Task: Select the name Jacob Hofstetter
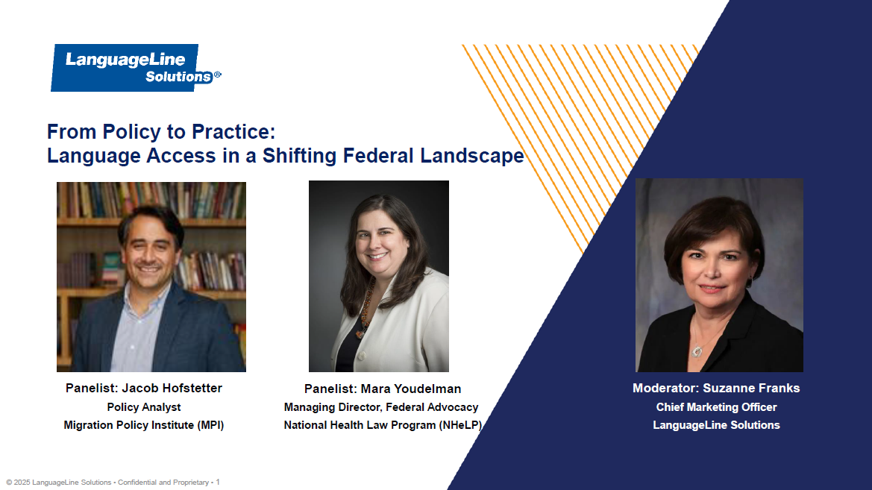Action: pyautogui.click(x=172, y=388)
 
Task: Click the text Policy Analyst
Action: pyautogui.click(x=144, y=407)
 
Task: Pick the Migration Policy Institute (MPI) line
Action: pyautogui.click(x=144, y=425)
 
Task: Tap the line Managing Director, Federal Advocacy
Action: pyautogui.click(x=381, y=407)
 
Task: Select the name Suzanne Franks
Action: pyautogui.click(x=751, y=388)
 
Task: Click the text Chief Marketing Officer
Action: pyautogui.click(x=716, y=407)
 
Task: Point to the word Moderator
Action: pyautogui.click(x=665, y=388)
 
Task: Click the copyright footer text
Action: pyautogui.click(x=112, y=483)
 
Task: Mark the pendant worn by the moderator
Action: pyautogui.click(x=697, y=350)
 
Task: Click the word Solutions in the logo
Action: pyautogui.click(x=179, y=77)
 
